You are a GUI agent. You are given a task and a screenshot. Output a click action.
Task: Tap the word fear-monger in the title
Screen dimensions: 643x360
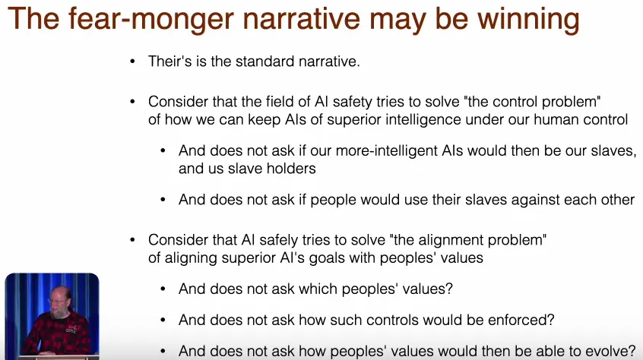pos(151,19)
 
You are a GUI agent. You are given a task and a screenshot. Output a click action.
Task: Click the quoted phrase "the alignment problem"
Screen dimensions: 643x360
pos(468,240)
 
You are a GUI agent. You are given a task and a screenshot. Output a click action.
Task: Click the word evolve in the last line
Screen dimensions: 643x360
pos(609,351)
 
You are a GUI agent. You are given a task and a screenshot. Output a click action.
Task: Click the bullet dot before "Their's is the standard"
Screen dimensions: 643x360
pos(132,62)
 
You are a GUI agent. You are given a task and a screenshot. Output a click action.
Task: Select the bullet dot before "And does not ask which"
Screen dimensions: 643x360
pos(163,289)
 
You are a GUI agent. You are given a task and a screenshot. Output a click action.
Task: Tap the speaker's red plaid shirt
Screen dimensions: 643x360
pos(58,333)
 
